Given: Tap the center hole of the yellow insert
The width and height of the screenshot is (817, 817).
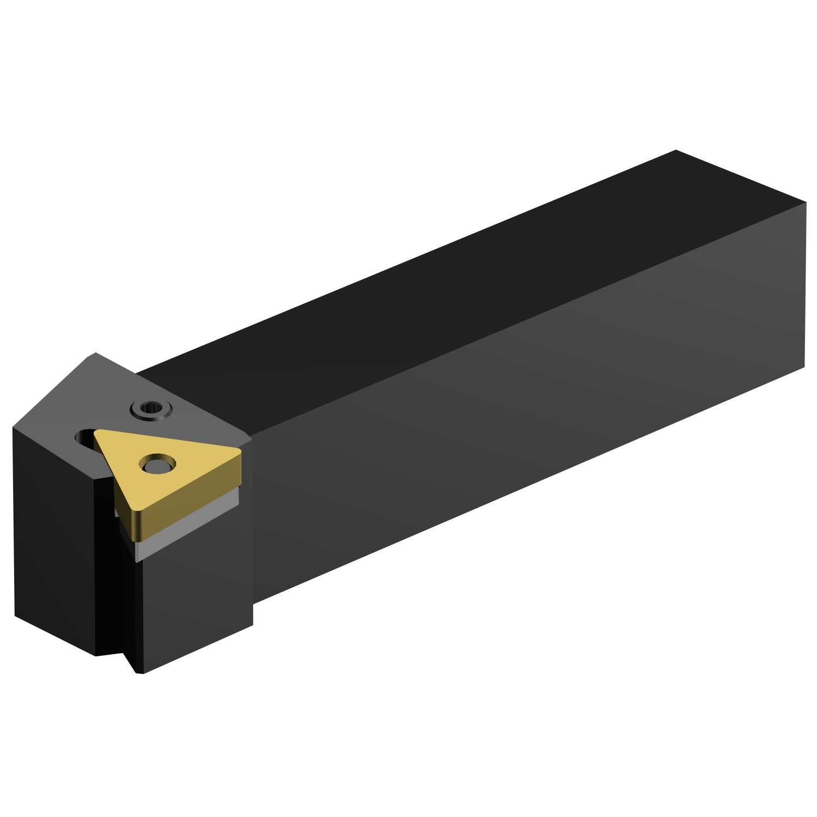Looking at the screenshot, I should click(157, 465).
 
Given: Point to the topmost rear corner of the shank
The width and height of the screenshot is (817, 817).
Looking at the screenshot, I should click(675, 150).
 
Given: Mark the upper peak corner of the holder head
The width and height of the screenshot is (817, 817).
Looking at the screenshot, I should click(95, 353).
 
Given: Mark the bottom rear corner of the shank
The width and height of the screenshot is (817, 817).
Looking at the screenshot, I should click(804, 367).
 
